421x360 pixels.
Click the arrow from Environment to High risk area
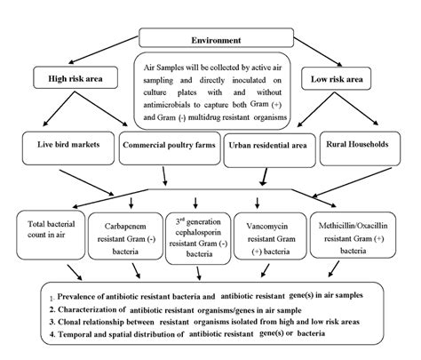(103, 55)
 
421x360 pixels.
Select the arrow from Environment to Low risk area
(318, 55)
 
